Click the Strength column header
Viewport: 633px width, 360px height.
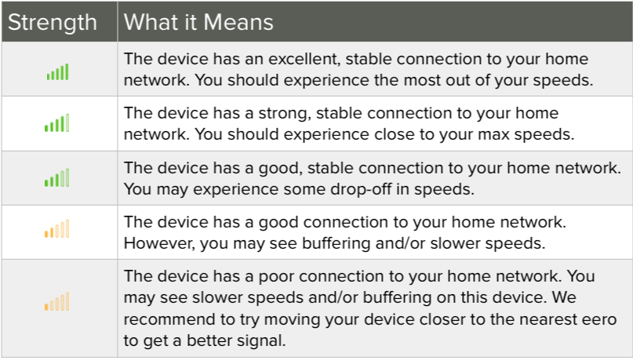[x=53, y=22]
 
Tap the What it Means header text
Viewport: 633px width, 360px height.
[x=198, y=22]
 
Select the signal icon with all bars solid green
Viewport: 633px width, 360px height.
[x=58, y=72]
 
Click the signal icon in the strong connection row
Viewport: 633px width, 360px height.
[x=57, y=123]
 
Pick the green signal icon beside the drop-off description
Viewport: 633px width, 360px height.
[x=57, y=177]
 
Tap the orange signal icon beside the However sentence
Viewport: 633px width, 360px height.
[x=57, y=228]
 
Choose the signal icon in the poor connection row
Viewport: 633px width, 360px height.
[x=57, y=301]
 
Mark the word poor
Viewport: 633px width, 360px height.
[x=276, y=277]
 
